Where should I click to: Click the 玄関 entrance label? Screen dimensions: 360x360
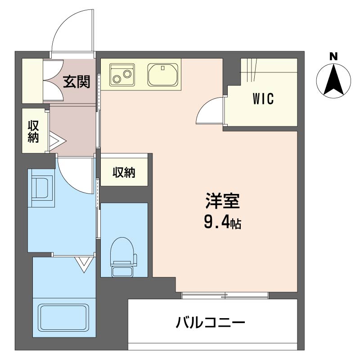tap(76, 82)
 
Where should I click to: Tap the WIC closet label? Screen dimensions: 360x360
tap(263, 99)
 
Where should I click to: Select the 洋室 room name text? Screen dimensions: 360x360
tap(222, 201)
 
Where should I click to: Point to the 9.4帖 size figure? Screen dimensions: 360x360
tap(222, 222)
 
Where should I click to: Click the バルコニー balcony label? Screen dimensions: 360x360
tap(210, 322)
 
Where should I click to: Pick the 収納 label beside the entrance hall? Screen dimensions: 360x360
tap(33, 131)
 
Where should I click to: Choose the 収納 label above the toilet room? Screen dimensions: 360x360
tap(124, 172)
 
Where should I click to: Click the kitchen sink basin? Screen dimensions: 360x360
tap(163, 75)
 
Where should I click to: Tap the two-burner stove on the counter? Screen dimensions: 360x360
tap(122, 75)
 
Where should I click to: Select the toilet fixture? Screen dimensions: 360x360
tap(122, 257)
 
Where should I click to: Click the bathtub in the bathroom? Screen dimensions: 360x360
tap(63, 318)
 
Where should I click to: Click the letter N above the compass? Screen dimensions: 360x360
tap(333, 57)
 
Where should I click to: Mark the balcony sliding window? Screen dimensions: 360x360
tap(225, 295)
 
